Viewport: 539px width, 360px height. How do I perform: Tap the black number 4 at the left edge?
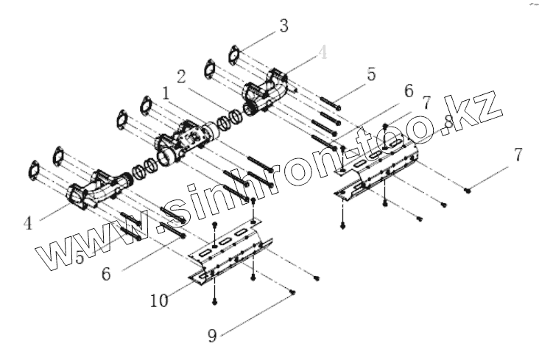click(28, 222)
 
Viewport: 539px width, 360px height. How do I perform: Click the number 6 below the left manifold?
click(106, 274)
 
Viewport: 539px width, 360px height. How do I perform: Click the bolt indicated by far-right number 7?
click(468, 191)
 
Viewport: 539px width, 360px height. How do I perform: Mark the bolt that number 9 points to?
click(293, 292)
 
